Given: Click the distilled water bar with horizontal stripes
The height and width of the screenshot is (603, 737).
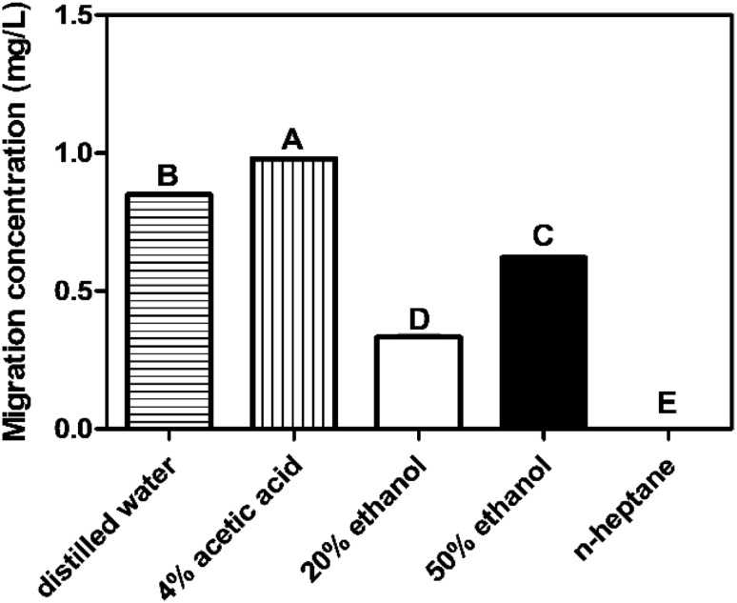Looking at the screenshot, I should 169,312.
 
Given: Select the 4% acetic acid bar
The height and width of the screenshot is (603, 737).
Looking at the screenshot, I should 293,293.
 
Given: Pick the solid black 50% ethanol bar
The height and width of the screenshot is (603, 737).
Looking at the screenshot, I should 544,343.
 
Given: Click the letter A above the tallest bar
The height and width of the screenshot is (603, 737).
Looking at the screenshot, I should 292,140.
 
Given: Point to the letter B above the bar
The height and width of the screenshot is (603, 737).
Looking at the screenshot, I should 168,176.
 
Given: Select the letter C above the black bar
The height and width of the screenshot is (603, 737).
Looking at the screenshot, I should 543,237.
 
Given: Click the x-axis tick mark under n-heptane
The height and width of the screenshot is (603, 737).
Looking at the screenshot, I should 668,438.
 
